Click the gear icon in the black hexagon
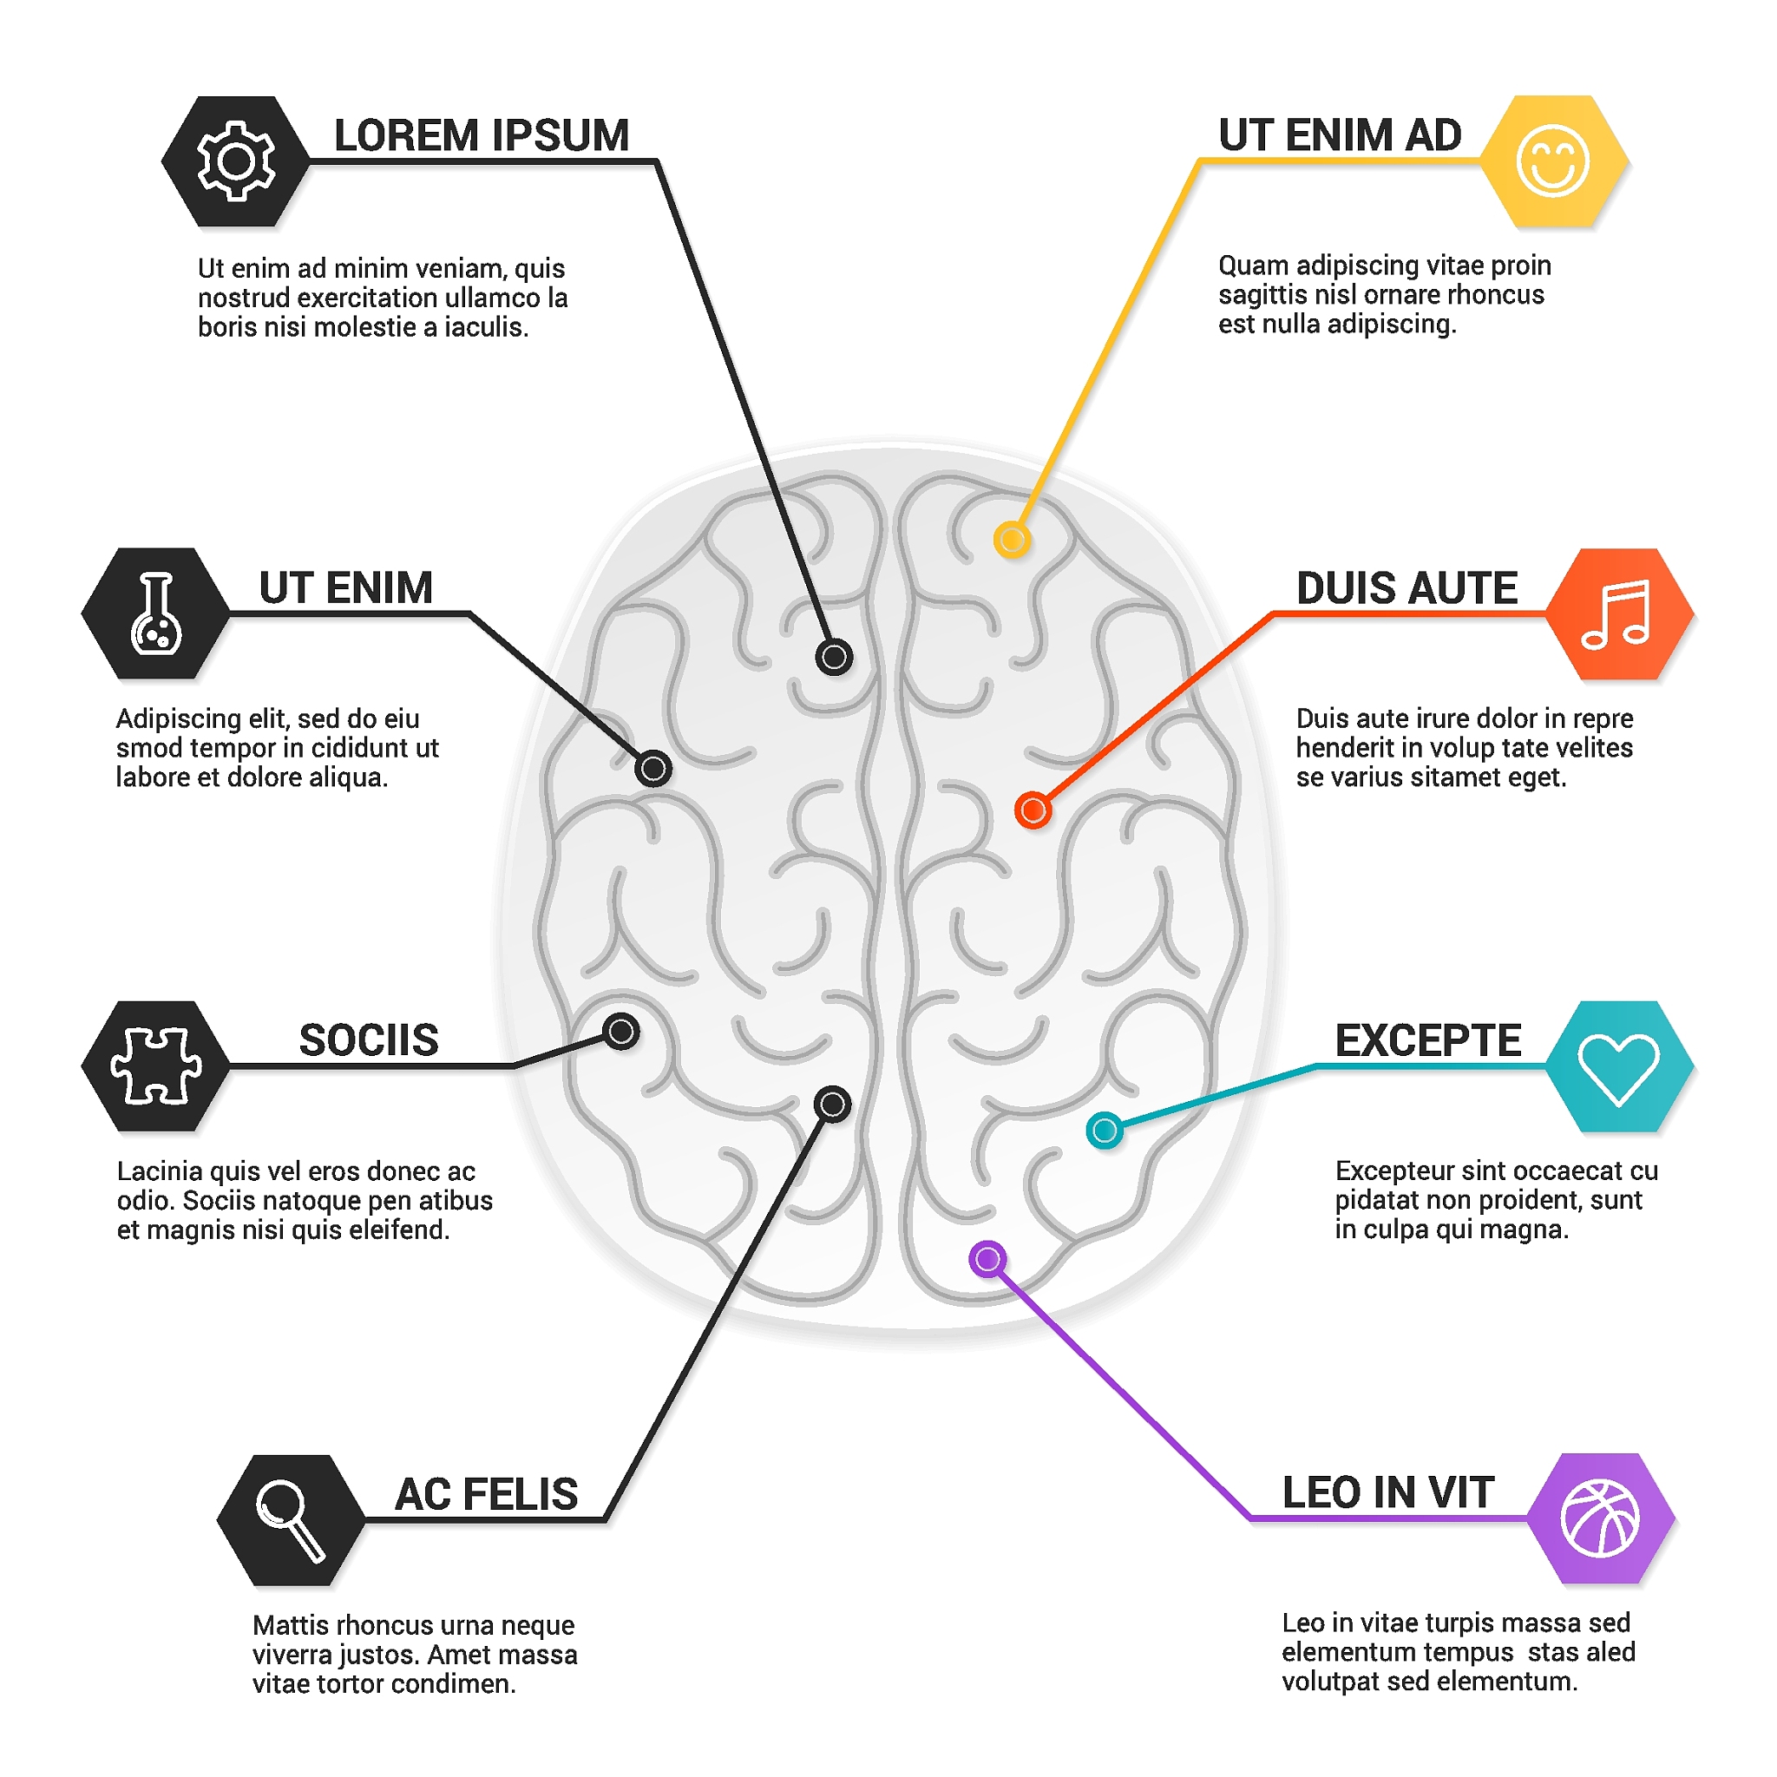point(235,161)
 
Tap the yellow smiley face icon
point(1552,161)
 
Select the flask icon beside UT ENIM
point(155,613)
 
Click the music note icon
point(1615,613)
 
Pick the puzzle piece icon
point(155,1066)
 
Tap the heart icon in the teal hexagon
point(1619,1068)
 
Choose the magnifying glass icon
point(291,1520)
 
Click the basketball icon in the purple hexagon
point(1600,1518)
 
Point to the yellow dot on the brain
point(1012,539)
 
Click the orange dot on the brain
point(1033,810)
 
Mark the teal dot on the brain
point(1105,1130)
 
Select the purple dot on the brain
point(987,1259)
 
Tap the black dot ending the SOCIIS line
point(621,1031)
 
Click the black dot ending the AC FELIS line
point(832,1104)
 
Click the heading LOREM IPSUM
point(481,135)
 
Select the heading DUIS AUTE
point(1407,587)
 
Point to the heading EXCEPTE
point(1427,1040)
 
